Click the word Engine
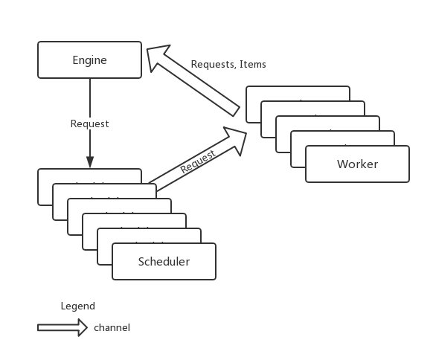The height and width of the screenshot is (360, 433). coord(90,60)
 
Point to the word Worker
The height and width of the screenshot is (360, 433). coord(357,164)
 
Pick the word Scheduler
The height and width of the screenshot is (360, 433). coord(164,261)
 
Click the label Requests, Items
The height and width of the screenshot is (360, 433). coord(228,64)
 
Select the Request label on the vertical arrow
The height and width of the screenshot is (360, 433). coord(90,124)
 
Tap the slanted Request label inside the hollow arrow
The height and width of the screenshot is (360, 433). coord(198,162)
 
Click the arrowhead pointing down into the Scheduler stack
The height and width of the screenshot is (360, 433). coord(90,162)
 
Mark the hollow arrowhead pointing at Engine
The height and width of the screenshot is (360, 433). coord(158,58)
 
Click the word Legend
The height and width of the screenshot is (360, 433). coord(78,306)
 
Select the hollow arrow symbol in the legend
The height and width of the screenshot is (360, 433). coord(62,328)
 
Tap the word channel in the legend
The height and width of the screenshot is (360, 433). coord(112,328)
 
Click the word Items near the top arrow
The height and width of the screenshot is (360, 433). coord(253,64)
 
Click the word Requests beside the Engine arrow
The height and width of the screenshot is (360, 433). coord(213,64)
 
